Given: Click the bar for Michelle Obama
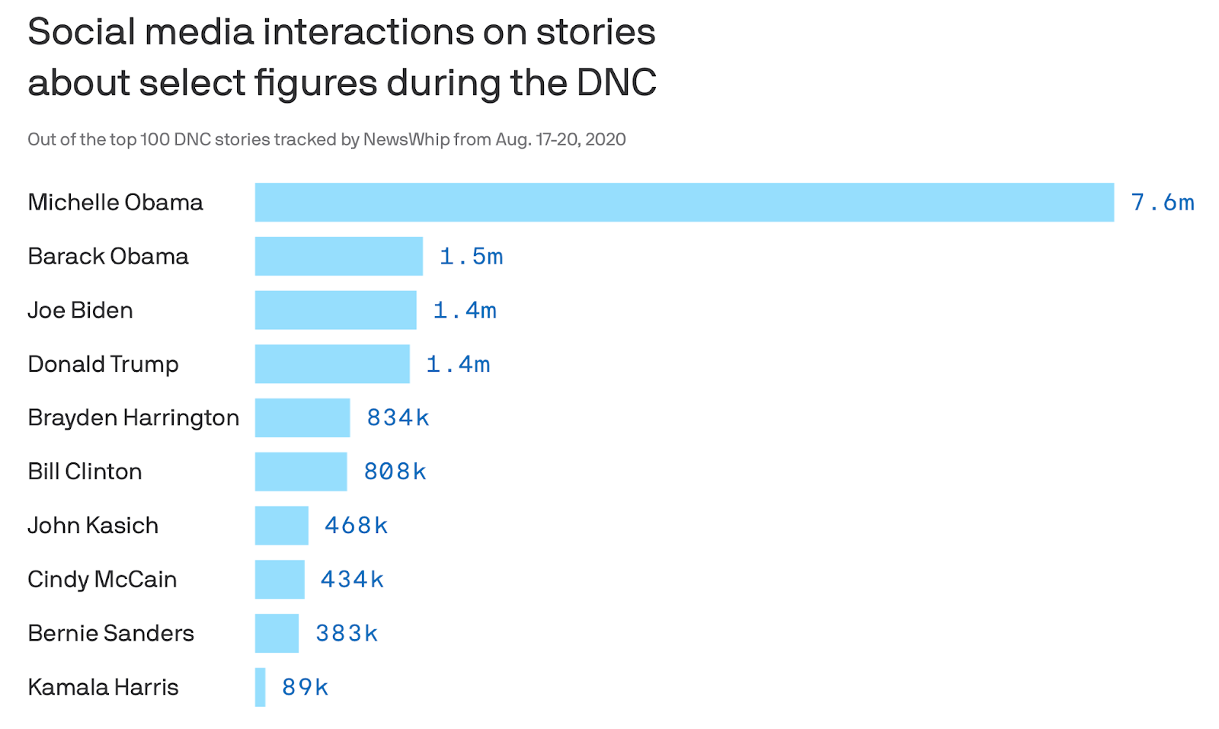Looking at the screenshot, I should coord(684,203).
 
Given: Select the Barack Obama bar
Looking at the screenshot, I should coord(338,256).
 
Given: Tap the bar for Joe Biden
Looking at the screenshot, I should coord(335,310).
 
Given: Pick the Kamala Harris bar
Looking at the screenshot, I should coord(261,687).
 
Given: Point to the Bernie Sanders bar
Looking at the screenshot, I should coord(277,633).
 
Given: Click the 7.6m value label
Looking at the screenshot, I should coord(1163,203).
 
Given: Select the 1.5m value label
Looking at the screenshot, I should coord(471,257).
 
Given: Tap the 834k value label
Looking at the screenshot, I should coord(398,417).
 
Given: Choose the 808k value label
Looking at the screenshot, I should coord(395,472).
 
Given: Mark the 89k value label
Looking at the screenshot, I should coord(305,687).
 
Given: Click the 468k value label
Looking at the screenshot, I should coord(356,526).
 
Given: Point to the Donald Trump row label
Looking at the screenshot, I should coord(103,364).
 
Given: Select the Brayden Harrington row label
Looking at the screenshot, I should coord(133,417).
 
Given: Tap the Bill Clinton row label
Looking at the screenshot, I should coord(85,472).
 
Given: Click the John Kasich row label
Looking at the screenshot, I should coord(93,526).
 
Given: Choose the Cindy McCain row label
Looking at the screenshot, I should coord(102,580).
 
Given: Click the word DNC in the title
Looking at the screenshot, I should coord(616,82).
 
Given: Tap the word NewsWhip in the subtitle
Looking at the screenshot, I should coord(406,139).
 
